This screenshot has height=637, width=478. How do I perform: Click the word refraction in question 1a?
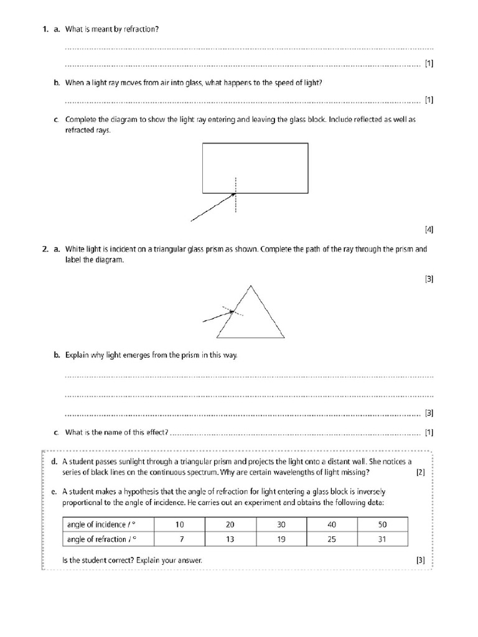[x=144, y=29]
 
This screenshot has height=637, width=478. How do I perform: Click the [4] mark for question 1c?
[x=429, y=229]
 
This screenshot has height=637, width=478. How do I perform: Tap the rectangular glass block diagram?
[x=255, y=168]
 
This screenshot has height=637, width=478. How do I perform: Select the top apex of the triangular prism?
[x=251, y=286]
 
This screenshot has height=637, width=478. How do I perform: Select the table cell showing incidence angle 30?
[x=281, y=524]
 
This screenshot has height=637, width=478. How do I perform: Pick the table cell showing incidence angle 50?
[x=382, y=524]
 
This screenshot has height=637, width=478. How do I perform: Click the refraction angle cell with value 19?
[x=281, y=539]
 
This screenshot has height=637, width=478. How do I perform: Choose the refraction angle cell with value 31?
[x=382, y=539]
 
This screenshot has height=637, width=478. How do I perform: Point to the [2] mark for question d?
[x=420, y=472]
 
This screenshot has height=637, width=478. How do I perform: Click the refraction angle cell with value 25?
[x=331, y=539]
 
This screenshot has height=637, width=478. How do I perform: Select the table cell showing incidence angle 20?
[x=230, y=524]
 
